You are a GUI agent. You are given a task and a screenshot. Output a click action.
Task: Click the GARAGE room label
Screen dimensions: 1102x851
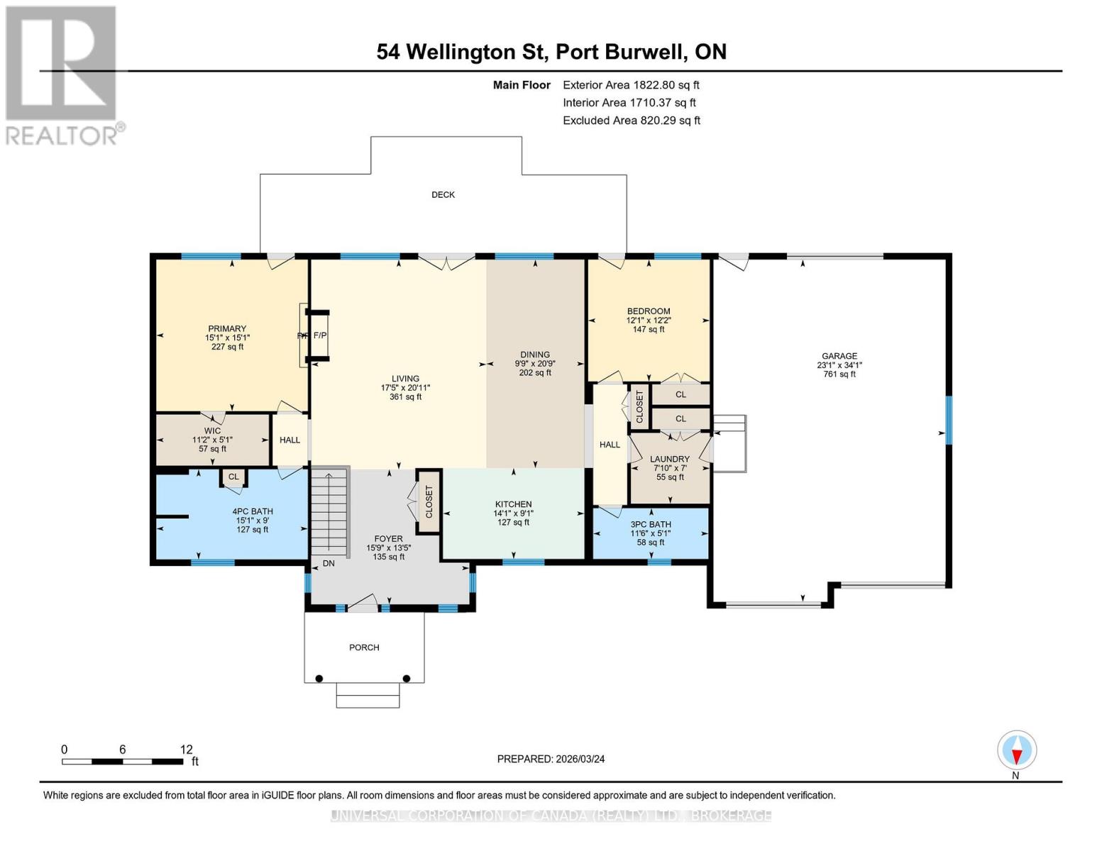839,356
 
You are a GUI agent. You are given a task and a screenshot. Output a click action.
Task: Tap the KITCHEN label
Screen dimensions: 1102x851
513,504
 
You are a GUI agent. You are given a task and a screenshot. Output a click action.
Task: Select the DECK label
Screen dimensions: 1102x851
443,194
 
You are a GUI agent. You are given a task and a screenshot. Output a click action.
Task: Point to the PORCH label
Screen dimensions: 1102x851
364,647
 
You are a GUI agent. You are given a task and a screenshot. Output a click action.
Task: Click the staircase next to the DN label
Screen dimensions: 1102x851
329,513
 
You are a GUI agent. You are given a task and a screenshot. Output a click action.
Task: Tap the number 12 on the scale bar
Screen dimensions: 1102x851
186,749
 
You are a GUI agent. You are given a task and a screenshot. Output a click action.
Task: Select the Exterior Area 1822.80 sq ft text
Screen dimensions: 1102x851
631,85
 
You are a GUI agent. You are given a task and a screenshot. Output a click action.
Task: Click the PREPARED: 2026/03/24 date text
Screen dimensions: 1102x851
551,759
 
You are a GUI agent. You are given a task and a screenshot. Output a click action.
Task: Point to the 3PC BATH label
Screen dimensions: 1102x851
651,524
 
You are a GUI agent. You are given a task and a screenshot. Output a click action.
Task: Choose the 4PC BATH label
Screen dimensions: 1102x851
252,511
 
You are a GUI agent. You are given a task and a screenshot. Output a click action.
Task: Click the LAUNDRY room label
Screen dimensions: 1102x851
669,459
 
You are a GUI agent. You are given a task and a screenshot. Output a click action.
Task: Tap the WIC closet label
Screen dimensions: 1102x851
212,431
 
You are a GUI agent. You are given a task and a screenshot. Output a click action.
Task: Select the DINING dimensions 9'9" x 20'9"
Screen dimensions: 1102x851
535,363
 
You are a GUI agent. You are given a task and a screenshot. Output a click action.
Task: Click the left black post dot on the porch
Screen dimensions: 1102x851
319,678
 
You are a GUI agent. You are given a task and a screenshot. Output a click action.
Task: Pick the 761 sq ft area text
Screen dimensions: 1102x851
839,374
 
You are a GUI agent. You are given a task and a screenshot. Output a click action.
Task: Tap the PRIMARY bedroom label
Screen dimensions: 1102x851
226,328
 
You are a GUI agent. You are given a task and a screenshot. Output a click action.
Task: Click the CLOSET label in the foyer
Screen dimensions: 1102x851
429,502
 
